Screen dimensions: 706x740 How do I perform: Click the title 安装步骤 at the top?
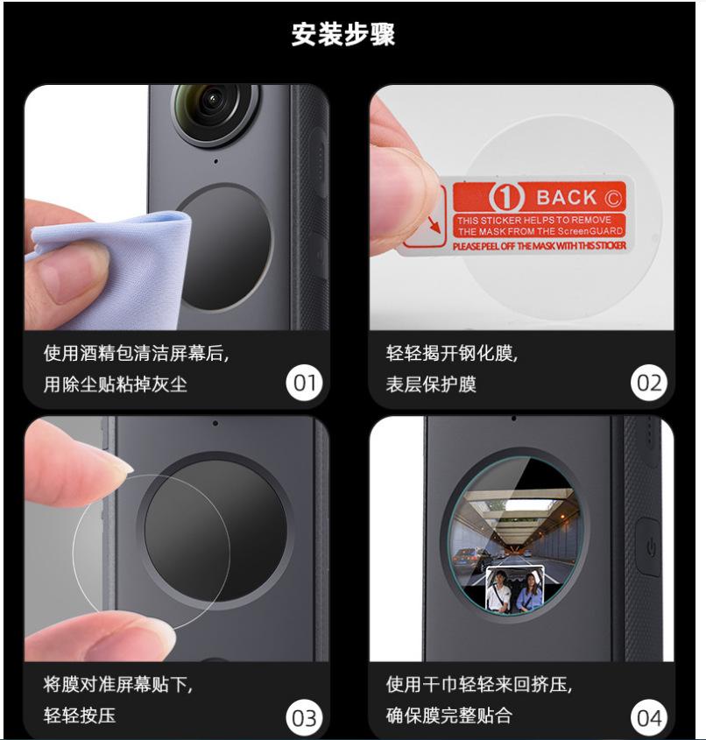[x=343, y=34]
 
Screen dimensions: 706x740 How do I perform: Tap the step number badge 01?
[x=305, y=383]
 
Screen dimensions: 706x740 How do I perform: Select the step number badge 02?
[x=649, y=383]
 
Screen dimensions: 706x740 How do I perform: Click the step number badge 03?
[x=305, y=718]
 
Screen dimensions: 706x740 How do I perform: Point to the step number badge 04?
[x=649, y=718]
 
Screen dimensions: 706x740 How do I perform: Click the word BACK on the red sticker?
[x=567, y=197]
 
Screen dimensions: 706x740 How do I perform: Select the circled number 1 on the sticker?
[x=507, y=197]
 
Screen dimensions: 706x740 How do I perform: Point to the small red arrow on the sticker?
[x=434, y=224]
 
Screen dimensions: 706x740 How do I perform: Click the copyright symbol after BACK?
[x=612, y=198]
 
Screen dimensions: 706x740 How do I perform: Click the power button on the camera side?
[x=650, y=547]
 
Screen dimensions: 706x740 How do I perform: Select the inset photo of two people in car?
[x=515, y=589]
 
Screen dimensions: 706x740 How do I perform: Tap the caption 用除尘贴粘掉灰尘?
[x=115, y=384]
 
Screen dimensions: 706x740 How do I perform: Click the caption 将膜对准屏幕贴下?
[x=118, y=684]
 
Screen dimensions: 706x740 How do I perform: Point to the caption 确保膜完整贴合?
[x=448, y=715]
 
